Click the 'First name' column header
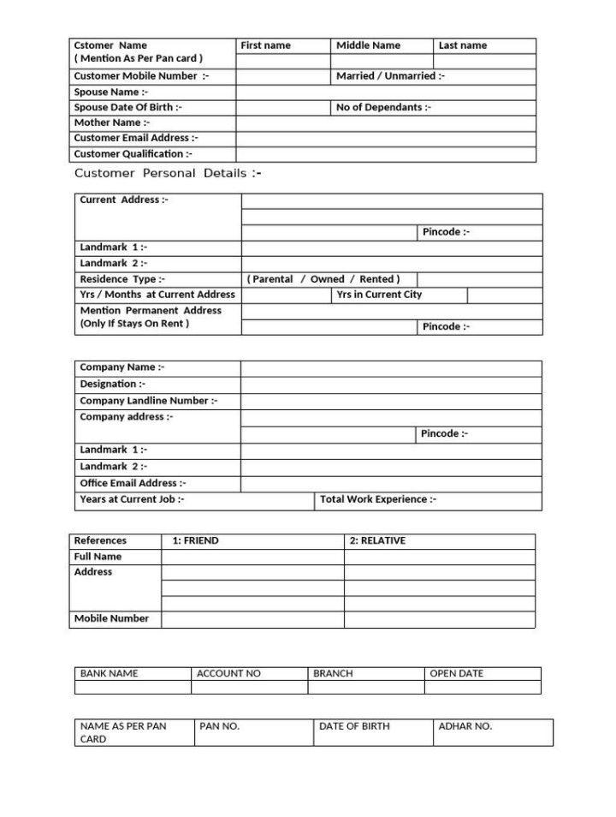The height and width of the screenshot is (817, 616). click(266, 45)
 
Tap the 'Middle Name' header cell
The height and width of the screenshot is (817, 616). click(368, 45)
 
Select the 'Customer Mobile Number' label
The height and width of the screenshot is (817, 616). click(141, 76)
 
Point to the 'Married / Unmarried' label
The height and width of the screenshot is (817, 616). click(390, 76)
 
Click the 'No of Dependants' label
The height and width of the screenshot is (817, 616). click(383, 107)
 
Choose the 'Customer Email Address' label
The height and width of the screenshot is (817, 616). click(136, 138)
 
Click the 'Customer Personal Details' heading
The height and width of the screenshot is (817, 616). click(168, 173)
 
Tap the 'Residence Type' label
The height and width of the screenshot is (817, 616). click(122, 279)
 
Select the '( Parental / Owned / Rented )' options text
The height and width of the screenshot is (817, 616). click(323, 279)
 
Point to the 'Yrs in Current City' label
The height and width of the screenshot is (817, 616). click(379, 295)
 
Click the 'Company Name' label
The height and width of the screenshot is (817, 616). click(122, 367)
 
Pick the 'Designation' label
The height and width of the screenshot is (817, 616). click(112, 384)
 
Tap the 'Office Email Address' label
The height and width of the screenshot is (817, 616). click(133, 483)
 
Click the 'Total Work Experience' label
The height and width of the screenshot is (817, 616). click(378, 499)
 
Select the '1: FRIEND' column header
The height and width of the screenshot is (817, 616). click(195, 540)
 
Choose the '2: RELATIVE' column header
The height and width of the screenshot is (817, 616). click(377, 540)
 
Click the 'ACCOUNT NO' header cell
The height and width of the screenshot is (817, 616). click(228, 673)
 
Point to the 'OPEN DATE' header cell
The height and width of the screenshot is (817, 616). click(456, 673)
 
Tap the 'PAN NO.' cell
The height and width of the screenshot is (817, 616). click(220, 726)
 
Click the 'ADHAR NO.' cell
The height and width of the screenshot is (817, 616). click(465, 726)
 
